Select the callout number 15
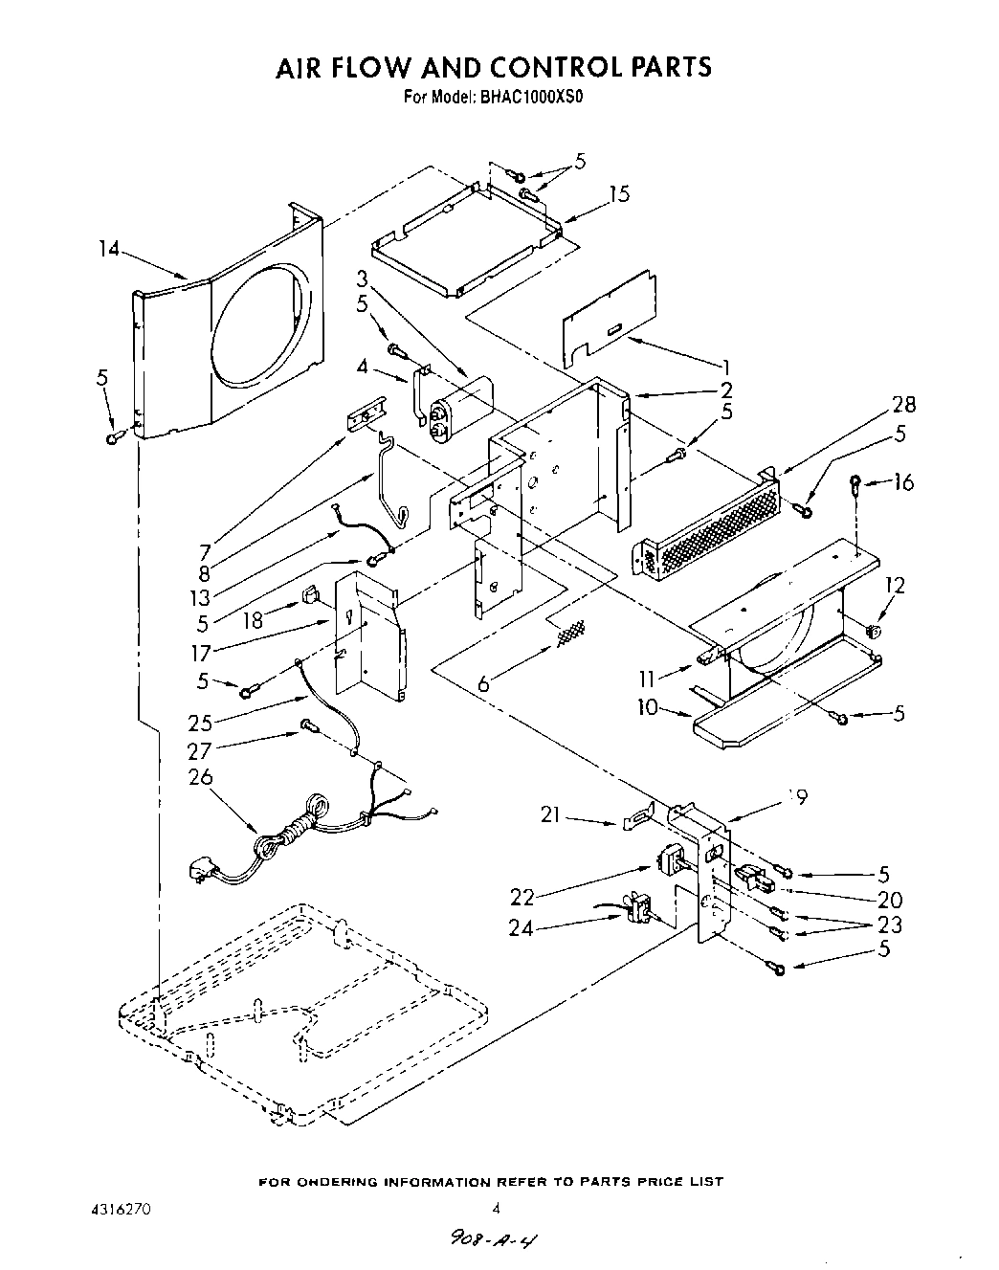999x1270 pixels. [619, 195]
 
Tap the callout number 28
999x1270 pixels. [902, 405]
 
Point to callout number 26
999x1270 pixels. [201, 777]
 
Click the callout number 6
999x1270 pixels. [484, 683]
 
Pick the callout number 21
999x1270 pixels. [548, 815]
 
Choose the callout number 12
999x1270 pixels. [894, 586]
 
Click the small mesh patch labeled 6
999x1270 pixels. [571, 632]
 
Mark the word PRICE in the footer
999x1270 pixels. [655, 1182]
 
